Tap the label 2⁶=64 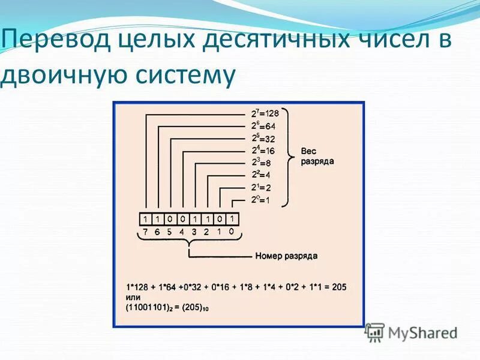pos(263,126)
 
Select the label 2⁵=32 pos(263,139)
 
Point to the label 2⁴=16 pos(262,151)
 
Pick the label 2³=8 pos(260,163)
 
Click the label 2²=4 pos(260,175)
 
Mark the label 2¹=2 pos(260,187)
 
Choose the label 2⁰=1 pos(260,200)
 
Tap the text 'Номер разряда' pos(286,256)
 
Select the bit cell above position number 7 pos(145,219)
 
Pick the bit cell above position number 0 pos(232,219)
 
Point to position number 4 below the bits pos(182,232)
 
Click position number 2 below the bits pos(207,232)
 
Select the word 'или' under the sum pos(133,298)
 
